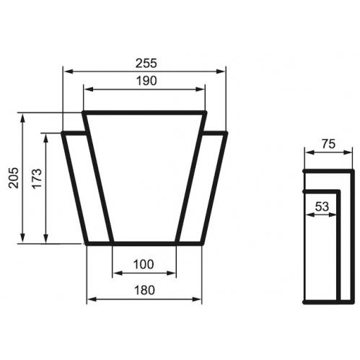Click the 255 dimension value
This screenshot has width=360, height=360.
[146, 63]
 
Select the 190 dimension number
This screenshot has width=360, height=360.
[146, 81]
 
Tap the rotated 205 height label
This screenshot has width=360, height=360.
[13, 177]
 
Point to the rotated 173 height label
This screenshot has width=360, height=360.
[37, 178]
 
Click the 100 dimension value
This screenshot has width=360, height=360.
[144, 265]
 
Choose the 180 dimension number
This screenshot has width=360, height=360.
[144, 290]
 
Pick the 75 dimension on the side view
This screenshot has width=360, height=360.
[329, 144]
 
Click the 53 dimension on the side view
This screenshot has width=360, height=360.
[322, 206]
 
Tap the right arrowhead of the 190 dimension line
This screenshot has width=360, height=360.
[200, 89]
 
